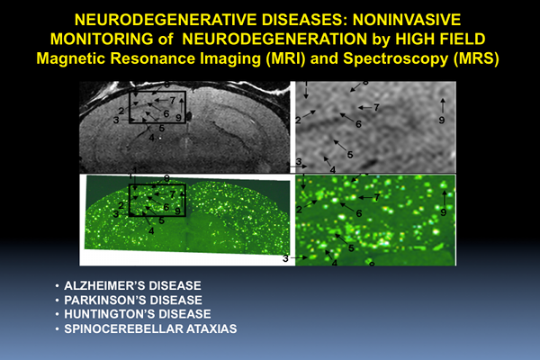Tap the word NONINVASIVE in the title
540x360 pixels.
point(407,20)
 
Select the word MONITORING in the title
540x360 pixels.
point(102,39)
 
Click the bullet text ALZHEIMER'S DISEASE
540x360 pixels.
point(132,285)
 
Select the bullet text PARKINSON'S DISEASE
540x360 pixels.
point(133,300)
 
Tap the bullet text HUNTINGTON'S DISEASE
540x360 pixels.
point(138,314)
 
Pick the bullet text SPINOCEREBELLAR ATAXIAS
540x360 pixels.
point(150,328)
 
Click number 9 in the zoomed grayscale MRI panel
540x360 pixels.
point(442,120)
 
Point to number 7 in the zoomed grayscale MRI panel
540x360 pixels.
point(376,107)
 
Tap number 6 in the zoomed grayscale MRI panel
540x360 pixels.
point(358,124)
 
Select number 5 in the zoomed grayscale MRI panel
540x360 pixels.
point(350,155)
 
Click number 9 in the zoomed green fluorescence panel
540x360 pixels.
point(443,212)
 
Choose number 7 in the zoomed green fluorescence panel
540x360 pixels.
point(377,197)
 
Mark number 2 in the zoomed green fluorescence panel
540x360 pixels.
point(299,209)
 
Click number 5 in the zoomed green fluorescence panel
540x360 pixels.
point(351,248)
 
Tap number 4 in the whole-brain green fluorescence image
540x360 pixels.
point(151,231)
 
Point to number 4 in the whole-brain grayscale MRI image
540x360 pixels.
point(151,138)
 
